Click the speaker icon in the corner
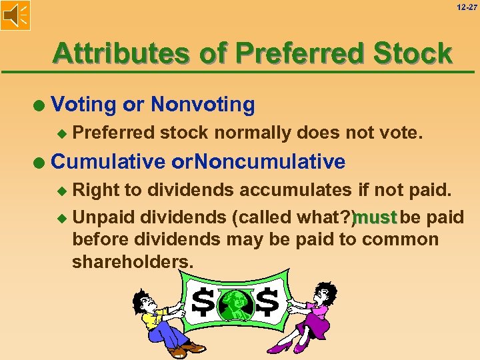tap(15, 15)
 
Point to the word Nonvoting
tap(203, 105)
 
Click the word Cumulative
tap(108, 161)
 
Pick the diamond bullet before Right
tap(63, 191)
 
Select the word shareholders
tap(133, 262)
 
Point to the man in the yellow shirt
tap(160, 320)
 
